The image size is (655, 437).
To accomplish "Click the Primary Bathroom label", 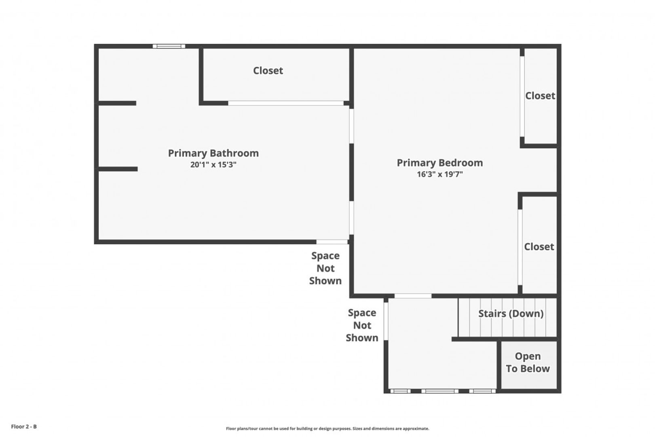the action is tap(213, 153).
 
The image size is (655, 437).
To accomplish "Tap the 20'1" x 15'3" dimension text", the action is tap(213, 165).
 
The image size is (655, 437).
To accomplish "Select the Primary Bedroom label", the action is tap(440, 163).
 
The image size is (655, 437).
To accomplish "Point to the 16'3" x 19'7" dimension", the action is tap(440, 174).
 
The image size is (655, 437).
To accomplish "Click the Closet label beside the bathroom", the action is tap(268, 70).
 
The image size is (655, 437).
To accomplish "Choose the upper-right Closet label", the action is tap(540, 96).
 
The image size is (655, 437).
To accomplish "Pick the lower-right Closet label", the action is tap(539, 247).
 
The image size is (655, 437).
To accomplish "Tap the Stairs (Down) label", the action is tap(511, 314).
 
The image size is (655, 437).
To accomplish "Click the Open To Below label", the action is tap(528, 363).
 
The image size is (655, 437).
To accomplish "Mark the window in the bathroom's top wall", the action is tap(169, 46).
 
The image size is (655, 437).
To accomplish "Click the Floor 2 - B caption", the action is tap(24, 426).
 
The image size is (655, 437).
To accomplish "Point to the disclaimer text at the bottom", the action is tap(327, 429).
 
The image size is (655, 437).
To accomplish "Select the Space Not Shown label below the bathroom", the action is tap(325, 268).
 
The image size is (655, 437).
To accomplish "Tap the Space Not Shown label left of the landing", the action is tap(362, 325).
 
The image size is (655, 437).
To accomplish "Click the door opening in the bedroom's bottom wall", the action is tap(413, 296).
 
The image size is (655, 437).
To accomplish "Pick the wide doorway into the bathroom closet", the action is tap(286, 103).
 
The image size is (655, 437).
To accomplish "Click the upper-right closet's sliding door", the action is tap(522, 96).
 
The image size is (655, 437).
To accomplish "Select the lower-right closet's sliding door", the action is tap(520, 247).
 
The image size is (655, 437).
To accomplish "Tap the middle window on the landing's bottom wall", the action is tap(440, 391).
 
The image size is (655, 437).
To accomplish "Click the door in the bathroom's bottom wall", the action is tap(332, 242).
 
